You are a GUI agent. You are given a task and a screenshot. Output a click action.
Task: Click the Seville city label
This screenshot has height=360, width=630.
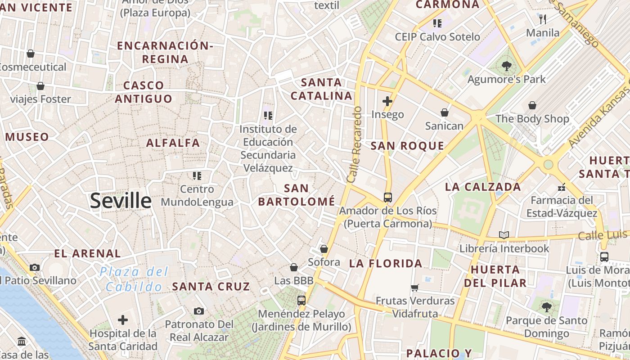coord(121,201)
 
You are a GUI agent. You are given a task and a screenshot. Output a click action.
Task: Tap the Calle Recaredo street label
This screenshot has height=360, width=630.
coord(355,144)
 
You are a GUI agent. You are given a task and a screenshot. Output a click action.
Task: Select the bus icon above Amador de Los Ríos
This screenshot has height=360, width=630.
coord(387,197)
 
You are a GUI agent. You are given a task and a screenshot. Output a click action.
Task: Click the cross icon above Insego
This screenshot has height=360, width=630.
coord(387,101)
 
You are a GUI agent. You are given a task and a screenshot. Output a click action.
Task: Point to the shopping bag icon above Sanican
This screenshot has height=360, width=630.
coord(445,112)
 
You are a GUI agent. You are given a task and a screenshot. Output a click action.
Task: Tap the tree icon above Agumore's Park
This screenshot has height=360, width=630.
coord(506,66)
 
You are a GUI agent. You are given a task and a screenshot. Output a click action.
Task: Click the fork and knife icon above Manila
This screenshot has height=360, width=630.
coord(543,19)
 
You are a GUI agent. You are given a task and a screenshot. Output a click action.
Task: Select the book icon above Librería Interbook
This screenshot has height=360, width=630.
coord(504,235)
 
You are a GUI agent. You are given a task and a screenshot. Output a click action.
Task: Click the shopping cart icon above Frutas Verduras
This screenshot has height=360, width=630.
coord(415,287)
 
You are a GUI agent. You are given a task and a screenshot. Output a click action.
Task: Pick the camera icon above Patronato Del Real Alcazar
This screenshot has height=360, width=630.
coord(199,311)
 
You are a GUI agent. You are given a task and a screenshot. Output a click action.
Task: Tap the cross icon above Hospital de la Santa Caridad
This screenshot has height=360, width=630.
coord(123,320)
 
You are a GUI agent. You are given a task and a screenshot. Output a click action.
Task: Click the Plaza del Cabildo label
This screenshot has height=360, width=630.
coord(134,279)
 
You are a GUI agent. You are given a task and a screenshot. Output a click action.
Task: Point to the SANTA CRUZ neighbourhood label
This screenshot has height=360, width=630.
coord(211,286)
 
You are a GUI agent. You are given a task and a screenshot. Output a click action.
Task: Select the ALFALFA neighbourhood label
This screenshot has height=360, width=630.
coord(173,143)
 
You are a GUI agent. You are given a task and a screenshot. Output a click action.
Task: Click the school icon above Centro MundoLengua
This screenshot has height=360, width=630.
coord(197,175)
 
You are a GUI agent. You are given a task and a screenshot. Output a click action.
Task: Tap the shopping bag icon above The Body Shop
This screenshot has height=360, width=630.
coord(532,105)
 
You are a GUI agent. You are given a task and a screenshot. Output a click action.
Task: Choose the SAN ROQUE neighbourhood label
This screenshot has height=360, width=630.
coord(407,145)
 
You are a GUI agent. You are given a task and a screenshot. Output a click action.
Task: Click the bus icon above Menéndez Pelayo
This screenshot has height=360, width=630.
coord(301,300)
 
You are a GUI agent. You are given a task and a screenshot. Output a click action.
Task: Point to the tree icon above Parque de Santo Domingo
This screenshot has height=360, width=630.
coord(547,307)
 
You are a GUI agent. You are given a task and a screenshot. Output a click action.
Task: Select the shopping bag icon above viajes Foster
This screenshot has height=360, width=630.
coord(40,85)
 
